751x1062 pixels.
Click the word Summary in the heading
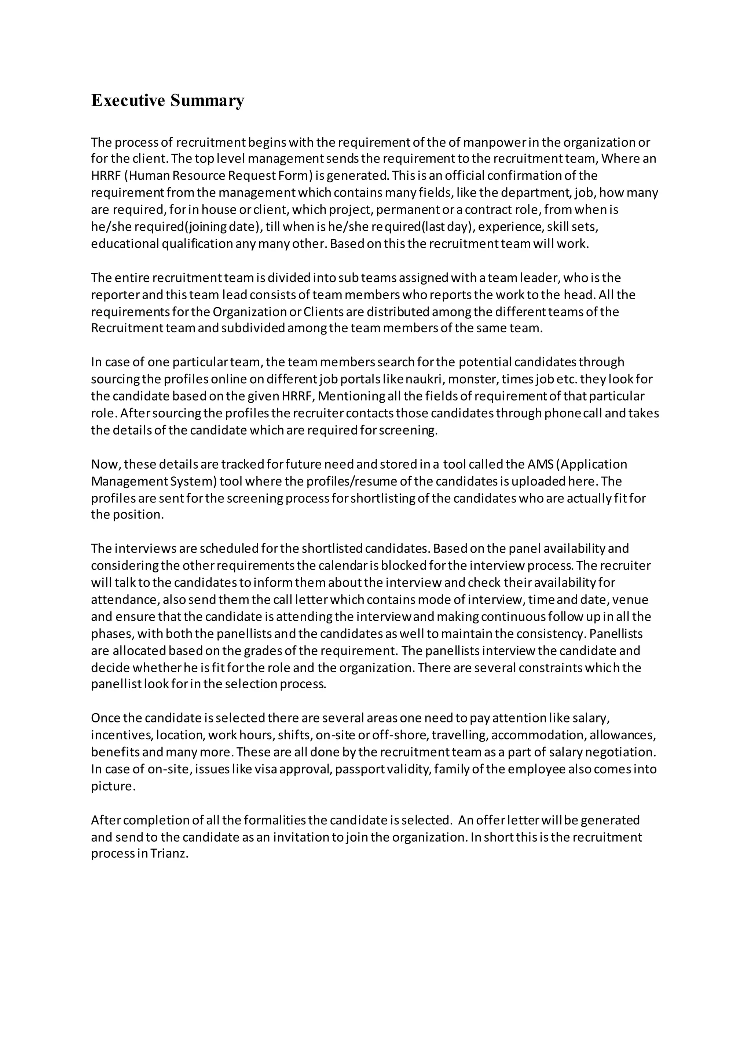[x=207, y=100]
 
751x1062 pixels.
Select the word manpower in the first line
[x=495, y=142]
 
